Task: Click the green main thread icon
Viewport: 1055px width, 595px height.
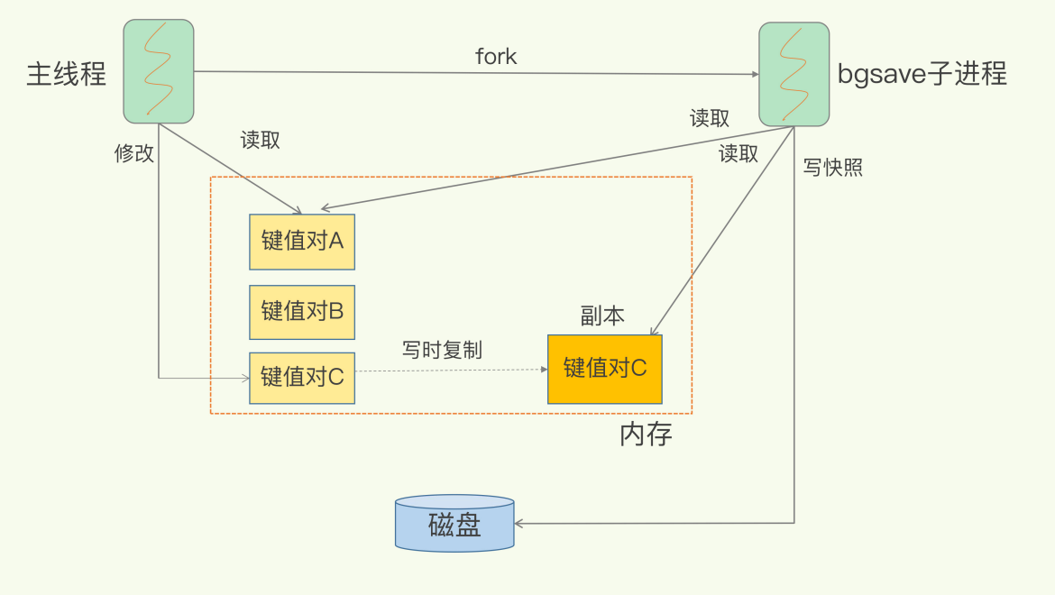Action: point(159,71)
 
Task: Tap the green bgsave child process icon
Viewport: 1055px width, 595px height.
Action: point(794,74)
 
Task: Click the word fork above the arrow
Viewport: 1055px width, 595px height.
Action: point(496,56)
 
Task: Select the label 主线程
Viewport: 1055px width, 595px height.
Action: point(67,73)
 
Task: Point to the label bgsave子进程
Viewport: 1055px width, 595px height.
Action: point(922,73)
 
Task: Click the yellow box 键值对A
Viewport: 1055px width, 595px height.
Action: point(302,242)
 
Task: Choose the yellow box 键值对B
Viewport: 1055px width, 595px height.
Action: point(302,312)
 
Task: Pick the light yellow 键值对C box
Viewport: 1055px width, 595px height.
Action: point(302,377)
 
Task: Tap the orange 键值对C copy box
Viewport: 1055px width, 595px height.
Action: point(604,369)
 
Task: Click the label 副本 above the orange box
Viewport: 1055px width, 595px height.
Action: point(602,315)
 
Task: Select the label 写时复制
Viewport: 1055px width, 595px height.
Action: point(442,350)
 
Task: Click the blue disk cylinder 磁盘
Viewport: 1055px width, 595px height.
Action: point(454,523)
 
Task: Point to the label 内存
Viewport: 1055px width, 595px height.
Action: point(646,435)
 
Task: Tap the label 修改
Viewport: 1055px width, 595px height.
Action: point(133,153)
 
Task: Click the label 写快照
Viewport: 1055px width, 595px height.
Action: point(832,167)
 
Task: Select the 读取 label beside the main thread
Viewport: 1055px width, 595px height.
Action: point(260,141)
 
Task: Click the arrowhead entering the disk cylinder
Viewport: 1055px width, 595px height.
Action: point(519,523)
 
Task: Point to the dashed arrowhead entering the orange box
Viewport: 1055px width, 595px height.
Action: point(544,369)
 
